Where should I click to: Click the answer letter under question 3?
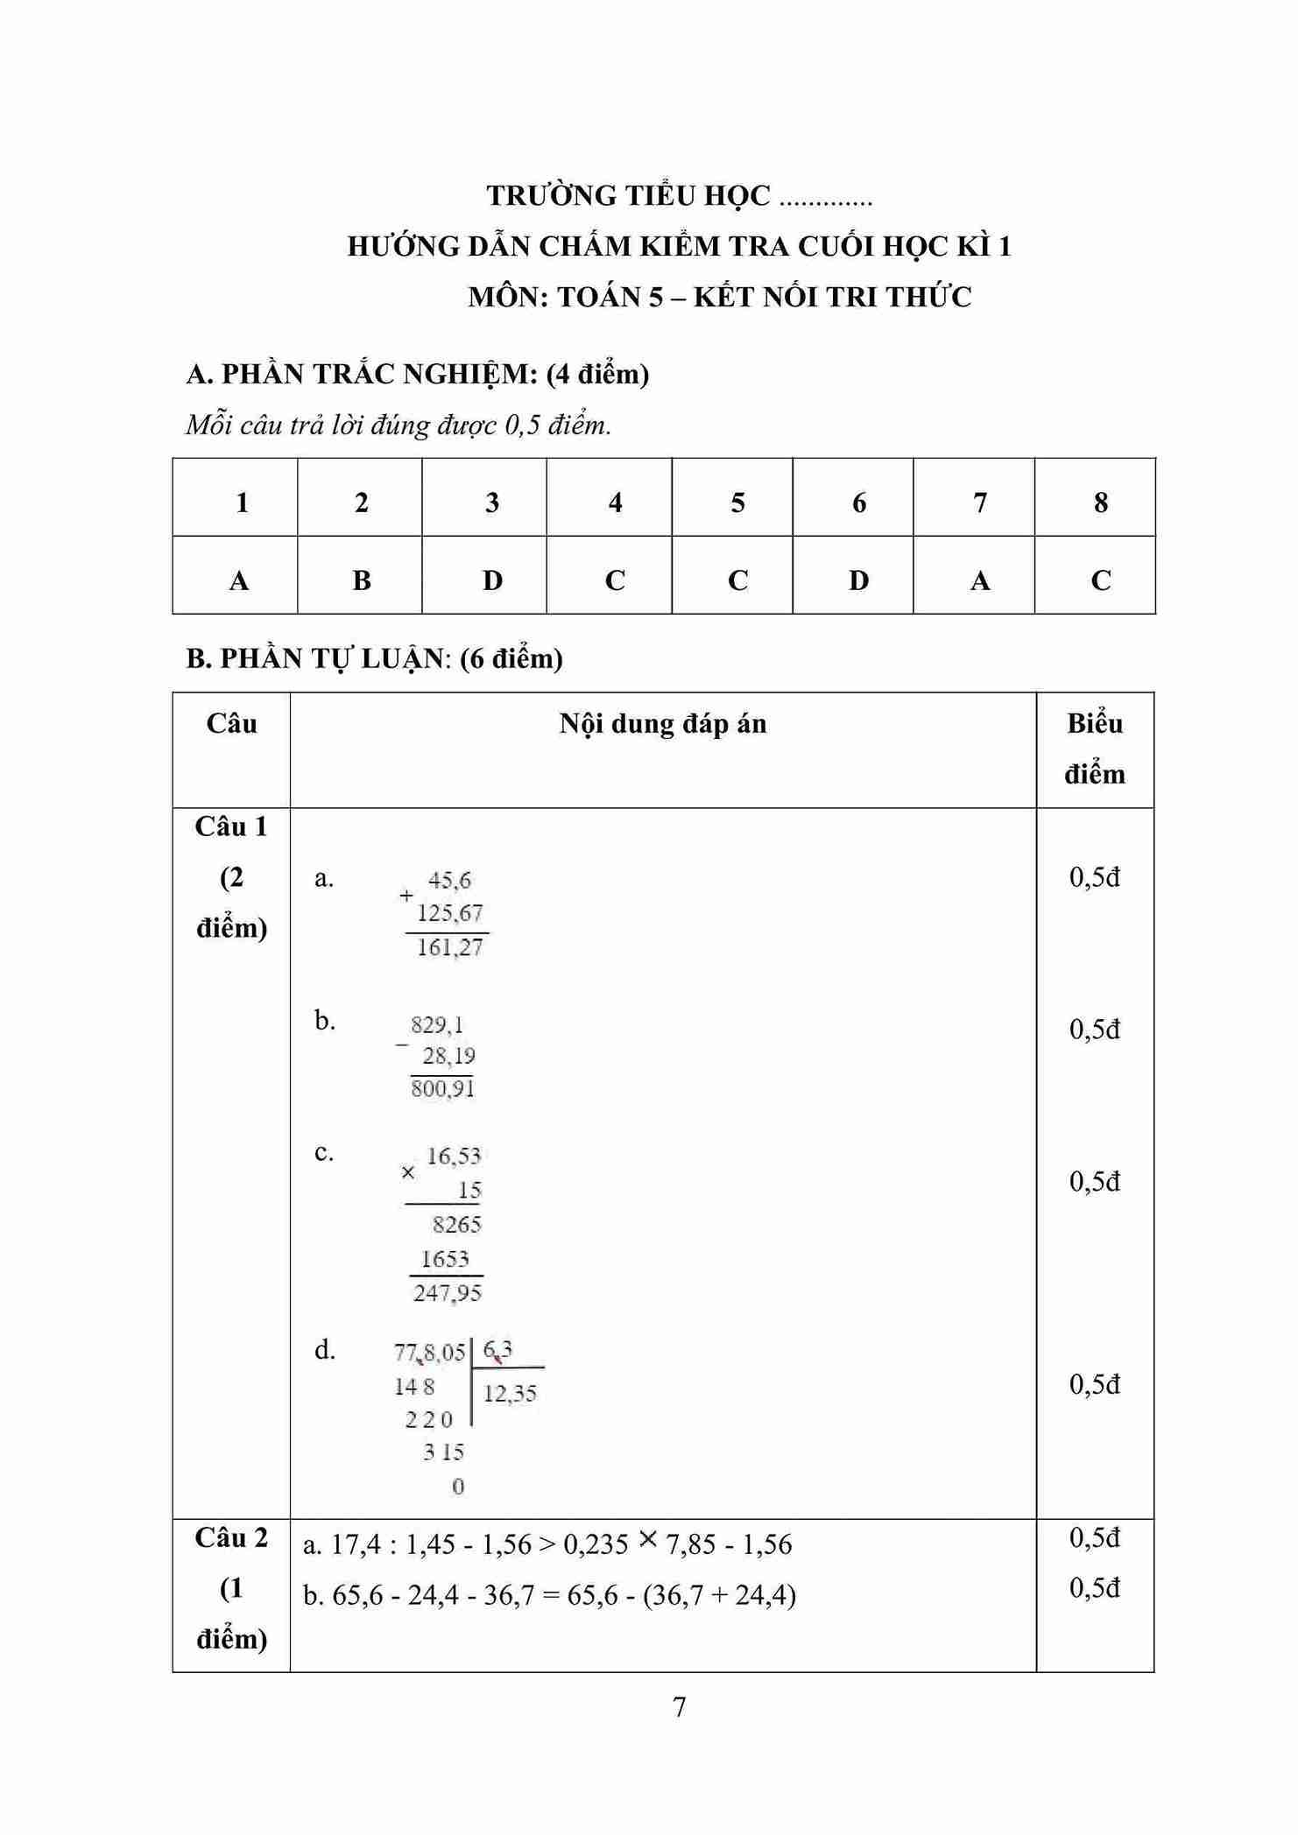(x=492, y=580)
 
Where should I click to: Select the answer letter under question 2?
(x=361, y=580)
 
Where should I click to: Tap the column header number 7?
(x=979, y=503)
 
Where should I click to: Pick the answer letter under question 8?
(x=1101, y=580)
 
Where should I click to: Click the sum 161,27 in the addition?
(x=449, y=947)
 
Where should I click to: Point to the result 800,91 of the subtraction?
(x=442, y=1088)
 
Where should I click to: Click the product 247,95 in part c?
(x=447, y=1293)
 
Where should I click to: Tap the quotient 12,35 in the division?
(x=510, y=1393)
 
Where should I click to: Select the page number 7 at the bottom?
(x=679, y=1706)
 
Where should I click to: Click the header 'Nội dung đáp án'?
(x=663, y=724)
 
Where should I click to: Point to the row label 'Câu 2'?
(x=231, y=1537)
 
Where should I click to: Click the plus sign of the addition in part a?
(x=406, y=896)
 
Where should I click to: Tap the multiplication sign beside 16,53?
(x=407, y=1172)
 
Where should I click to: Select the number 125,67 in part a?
(x=449, y=913)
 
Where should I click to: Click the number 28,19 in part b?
(x=448, y=1056)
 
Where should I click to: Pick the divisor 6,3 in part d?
(x=497, y=1351)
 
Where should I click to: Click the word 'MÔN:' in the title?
(x=507, y=297)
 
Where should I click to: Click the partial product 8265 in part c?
(x=456, y=1224)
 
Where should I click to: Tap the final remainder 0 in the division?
(x=457, y=1487)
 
